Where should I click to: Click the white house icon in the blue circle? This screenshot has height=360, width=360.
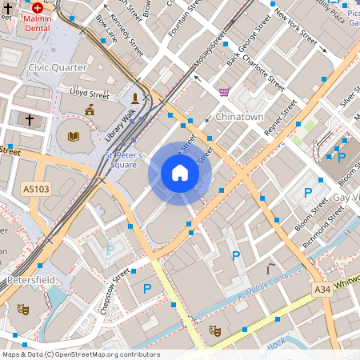pyautogui.click(x=180, y=173)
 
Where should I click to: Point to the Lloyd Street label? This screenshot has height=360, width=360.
pyautogui.click(x=89, y=92)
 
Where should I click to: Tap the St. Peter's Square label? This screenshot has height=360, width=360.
pyautogui.click(x=124, y=159)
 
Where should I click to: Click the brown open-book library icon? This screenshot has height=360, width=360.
pyautogui.click(x=74, y=137)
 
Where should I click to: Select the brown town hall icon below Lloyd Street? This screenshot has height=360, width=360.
pyautogui.click(x=89, y=110)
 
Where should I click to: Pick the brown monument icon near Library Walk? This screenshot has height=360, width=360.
pyautogui.click(x=135, y=98)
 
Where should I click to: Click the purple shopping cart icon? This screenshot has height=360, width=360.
pyautogui.click(x=223, y=92)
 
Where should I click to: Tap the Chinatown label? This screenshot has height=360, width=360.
pyautogui.click(x=239, y=117)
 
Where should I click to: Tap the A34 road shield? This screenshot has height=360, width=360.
pyautogui.click(x=322, y=289)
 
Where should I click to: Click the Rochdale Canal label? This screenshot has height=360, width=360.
pyautogui.click(x=265, y=289)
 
